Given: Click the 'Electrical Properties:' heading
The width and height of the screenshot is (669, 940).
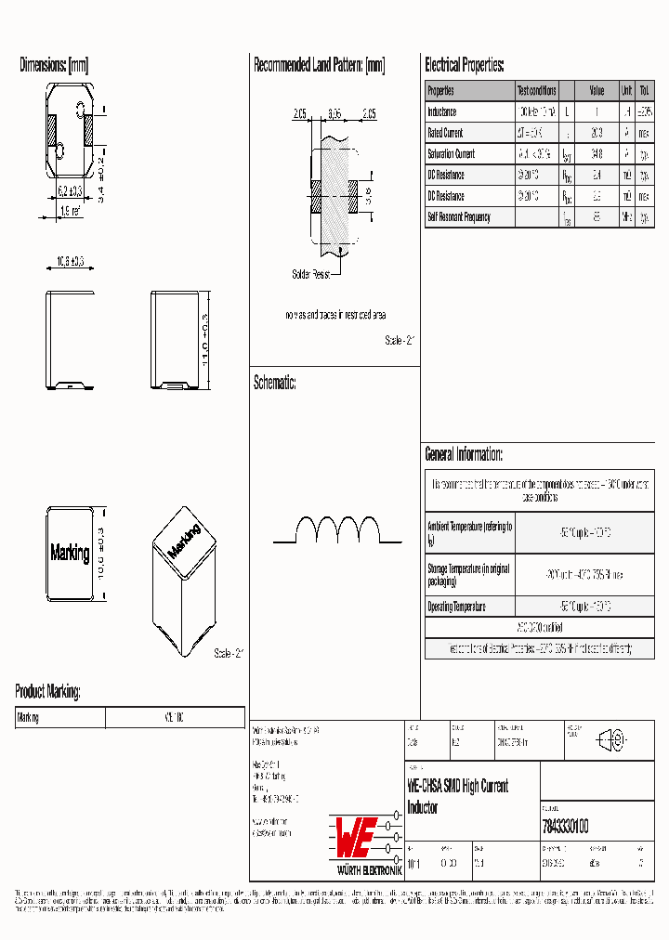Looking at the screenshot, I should [465, 65].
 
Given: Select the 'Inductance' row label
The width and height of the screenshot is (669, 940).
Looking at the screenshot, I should [442, 111].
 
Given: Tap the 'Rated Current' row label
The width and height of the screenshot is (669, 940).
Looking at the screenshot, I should [445, 133].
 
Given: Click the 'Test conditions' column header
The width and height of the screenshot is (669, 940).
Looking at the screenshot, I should [536, 90].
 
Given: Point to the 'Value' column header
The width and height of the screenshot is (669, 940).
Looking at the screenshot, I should [597, 90].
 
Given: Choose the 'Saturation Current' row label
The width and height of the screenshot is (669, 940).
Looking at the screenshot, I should [451, 154].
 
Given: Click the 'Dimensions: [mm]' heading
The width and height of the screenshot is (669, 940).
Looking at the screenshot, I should [54, 65].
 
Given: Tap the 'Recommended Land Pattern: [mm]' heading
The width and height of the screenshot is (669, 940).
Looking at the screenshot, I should [319, 65].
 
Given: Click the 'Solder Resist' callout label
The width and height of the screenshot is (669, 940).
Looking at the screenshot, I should [311, 275].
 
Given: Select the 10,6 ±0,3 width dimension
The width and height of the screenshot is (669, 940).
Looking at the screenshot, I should [66, 263].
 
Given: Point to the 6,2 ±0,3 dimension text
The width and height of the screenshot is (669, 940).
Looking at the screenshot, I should [70, 190].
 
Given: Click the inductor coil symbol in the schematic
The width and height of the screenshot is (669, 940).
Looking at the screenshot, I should [338, 530].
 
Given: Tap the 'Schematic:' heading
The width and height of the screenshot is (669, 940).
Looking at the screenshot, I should [274, 382].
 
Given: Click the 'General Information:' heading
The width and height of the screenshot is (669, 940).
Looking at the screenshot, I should [464, 454].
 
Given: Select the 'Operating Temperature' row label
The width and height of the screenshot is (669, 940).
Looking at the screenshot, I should [456, 606].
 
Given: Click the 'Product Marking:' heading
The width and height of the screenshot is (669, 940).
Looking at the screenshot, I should [47, 691].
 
